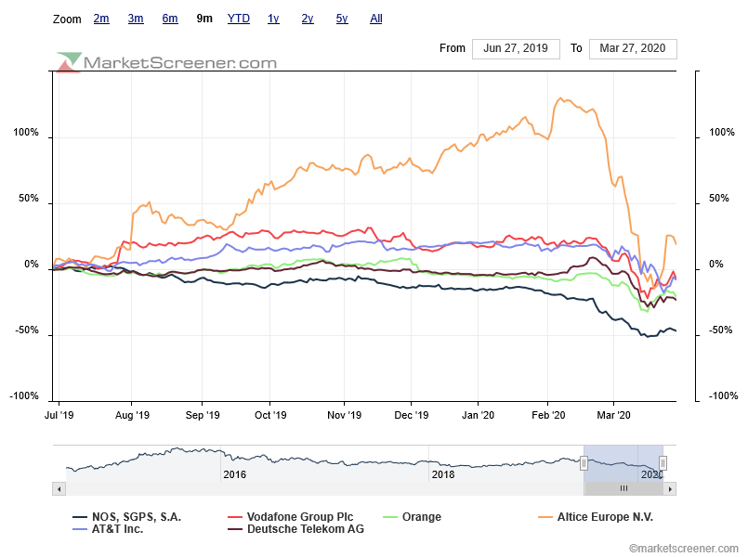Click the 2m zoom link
point(101,19)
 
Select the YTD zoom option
point(238,19)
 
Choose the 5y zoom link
point(342,19)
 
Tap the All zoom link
point(375,19)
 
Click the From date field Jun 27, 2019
point(516,48)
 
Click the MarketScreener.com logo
point(167,62)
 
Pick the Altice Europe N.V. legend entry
point(604,517)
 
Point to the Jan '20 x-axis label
point(479,415)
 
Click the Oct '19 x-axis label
point(270,415)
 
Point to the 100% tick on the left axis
point(26,133)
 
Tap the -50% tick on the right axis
point(722,331)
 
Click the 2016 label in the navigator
point(234,473)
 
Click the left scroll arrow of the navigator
point(59,488)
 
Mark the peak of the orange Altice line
point(560,98)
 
